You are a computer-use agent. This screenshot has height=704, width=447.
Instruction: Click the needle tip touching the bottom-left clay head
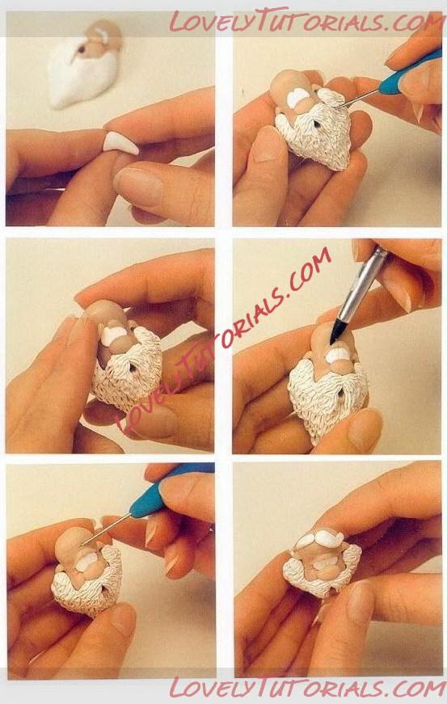(84, 544)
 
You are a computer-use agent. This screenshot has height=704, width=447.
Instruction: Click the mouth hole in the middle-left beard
(133, 368)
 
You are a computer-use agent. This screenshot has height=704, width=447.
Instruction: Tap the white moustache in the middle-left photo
(113, 335)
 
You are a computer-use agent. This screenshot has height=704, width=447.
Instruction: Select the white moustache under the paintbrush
(338, 356)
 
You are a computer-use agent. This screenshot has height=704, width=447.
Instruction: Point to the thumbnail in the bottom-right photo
(361, 601)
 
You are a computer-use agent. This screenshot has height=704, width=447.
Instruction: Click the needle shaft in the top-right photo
(357, 99)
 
